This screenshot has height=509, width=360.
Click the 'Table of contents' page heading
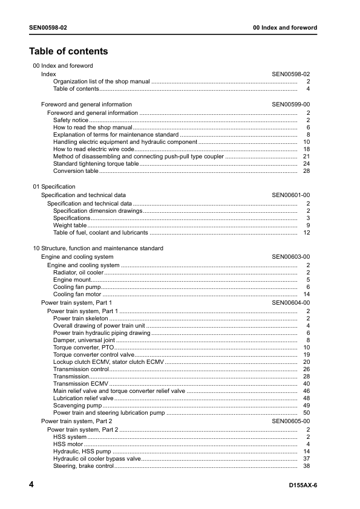pos(68,51)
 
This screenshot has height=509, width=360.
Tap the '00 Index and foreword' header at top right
pos(284,28)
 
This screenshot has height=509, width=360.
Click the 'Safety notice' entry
pos(70,120)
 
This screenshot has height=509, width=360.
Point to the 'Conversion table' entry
pos(76,171)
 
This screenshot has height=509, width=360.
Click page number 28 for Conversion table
pos(306,171)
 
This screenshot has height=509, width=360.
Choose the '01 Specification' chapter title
pos(54,187)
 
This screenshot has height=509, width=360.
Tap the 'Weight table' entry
pos(70,225)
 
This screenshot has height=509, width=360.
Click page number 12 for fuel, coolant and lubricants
pos(306,233)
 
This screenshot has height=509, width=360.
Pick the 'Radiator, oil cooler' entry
pos(78,273)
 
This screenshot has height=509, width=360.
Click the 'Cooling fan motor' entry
pos(77,294)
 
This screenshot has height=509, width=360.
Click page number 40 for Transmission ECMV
pos(306,384)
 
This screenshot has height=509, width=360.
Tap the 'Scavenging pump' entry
pos(77,406)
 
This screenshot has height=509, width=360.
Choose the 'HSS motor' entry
pos(68,444)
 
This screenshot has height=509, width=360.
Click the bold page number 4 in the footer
pos(31,485)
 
